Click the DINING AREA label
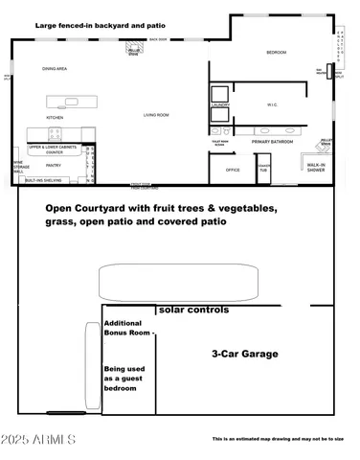(54, 69)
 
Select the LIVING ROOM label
(156, 115)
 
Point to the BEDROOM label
(276, 53)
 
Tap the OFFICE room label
(232, 170)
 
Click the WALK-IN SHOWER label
(318, 168)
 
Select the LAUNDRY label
(219, 105)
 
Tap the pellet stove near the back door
(134, 52)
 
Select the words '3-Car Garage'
(245, 354)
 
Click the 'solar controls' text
(193, 310)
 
